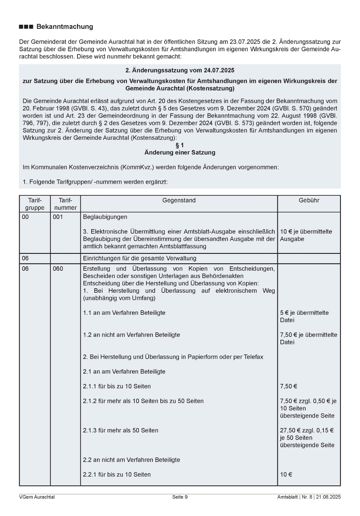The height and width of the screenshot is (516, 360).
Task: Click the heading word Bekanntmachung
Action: coord(65,27)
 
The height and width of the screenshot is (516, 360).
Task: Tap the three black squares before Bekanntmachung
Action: coord(26,27)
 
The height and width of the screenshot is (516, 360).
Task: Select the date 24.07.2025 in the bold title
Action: coord(219,71)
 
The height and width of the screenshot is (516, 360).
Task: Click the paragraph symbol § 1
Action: coord(180,145)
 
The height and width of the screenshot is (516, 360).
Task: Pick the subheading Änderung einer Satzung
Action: coord(180,152)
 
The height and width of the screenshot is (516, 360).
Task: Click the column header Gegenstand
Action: coord(179,201)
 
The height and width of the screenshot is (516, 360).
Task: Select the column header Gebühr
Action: coord(309,201)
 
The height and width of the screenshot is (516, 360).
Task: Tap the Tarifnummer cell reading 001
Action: coord(58,217)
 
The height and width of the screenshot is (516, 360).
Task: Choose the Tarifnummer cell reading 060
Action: coord(58,269)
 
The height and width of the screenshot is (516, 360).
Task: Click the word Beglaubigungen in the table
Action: coord(105,217)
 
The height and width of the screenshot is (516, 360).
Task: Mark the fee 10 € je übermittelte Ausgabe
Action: coord(306,235)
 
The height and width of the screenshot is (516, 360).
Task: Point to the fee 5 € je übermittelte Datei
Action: coord(304,316)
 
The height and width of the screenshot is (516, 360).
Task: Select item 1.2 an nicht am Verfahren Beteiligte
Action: coord(131,335)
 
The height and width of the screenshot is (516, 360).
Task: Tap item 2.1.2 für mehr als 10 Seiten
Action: coord(143,401)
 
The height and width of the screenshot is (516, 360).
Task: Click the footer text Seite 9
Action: coord(180,497)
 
